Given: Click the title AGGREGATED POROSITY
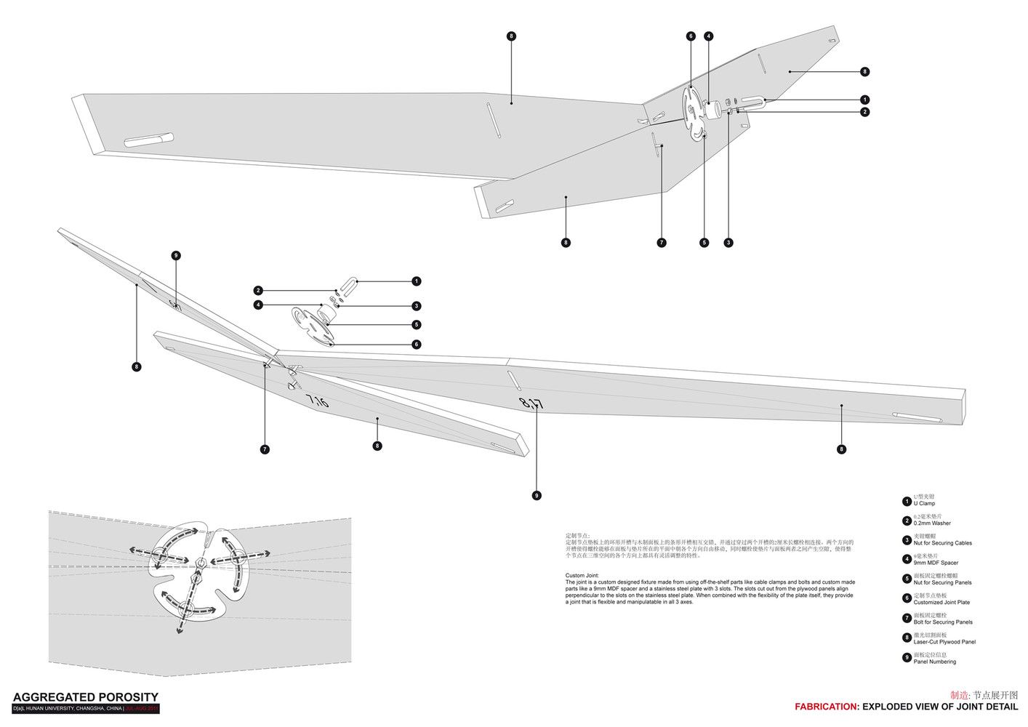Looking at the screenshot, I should click(85, 697).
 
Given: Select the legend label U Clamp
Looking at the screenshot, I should click(924, 503).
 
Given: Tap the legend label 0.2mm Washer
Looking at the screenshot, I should click(932, 523).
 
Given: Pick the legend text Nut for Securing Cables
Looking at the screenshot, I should click(942, 543).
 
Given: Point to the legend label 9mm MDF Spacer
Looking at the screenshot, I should click(936, 563).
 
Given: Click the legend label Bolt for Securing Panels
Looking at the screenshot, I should click(943, 622).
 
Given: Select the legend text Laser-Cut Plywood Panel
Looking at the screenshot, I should click(944, 642).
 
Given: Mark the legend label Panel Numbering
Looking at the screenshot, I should click(935, 662).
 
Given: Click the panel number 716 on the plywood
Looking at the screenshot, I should click(317, 401).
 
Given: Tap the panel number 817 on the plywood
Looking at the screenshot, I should click(531, 403).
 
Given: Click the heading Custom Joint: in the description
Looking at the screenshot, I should click(582, 575).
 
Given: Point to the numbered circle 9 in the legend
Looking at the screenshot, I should click(907, 658).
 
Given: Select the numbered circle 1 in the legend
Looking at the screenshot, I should click(907, 501).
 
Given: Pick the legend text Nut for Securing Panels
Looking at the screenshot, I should click(942, 582).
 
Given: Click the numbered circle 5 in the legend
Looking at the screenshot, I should click(907, 579).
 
